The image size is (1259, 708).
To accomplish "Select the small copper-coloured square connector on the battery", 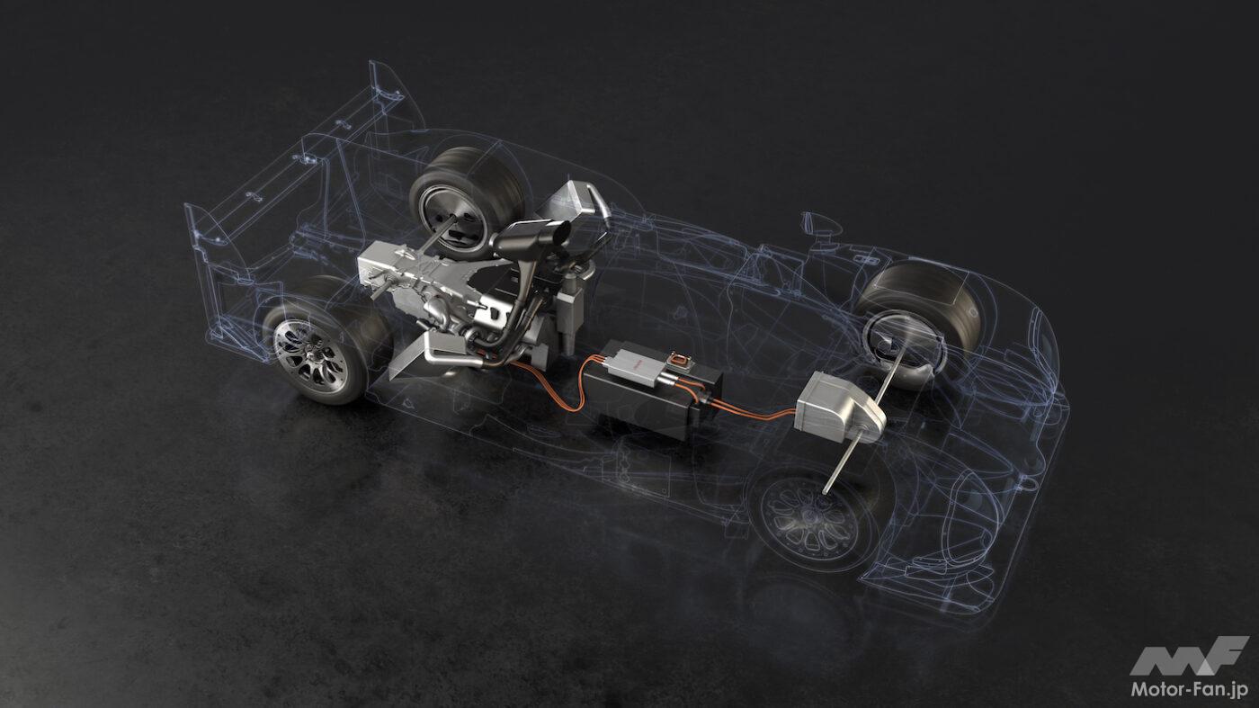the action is pyautogui.click(x=679, y=359).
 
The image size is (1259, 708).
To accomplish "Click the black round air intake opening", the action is pyautogui.click(x=560, y=234).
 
